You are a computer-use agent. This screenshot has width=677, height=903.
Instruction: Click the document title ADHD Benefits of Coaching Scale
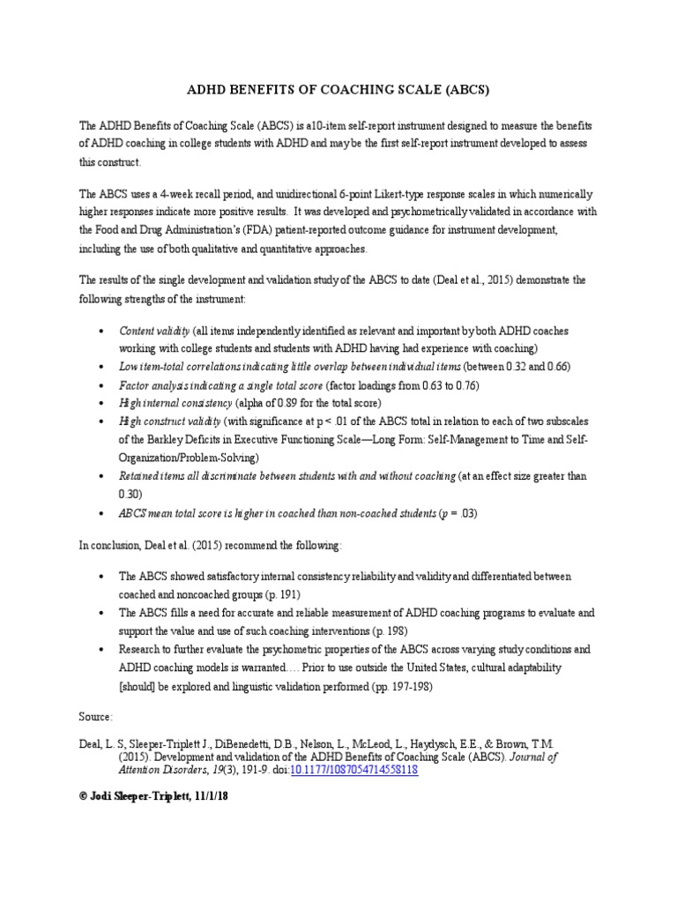tap(339, 90)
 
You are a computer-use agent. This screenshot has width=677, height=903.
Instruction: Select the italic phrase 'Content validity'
tap(154, 330)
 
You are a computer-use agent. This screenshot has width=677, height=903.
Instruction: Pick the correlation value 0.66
tap(554, 366)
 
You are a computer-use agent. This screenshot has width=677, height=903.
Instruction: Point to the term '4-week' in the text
tap(176, 193)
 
